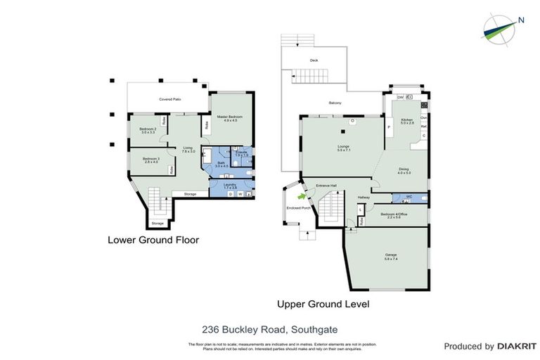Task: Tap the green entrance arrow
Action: pos(304,198)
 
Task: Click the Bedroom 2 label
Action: pos(147,129)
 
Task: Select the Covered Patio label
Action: pos(170,100)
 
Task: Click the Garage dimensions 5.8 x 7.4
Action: pos(391,259)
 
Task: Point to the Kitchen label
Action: pos(406,120)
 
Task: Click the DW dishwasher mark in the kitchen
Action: pos(400,97)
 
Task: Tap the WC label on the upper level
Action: pos(409,196)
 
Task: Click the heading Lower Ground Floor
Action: pos(153,240)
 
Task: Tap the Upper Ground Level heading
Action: pos(323,304)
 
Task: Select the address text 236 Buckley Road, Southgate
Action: pos(270,328)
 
